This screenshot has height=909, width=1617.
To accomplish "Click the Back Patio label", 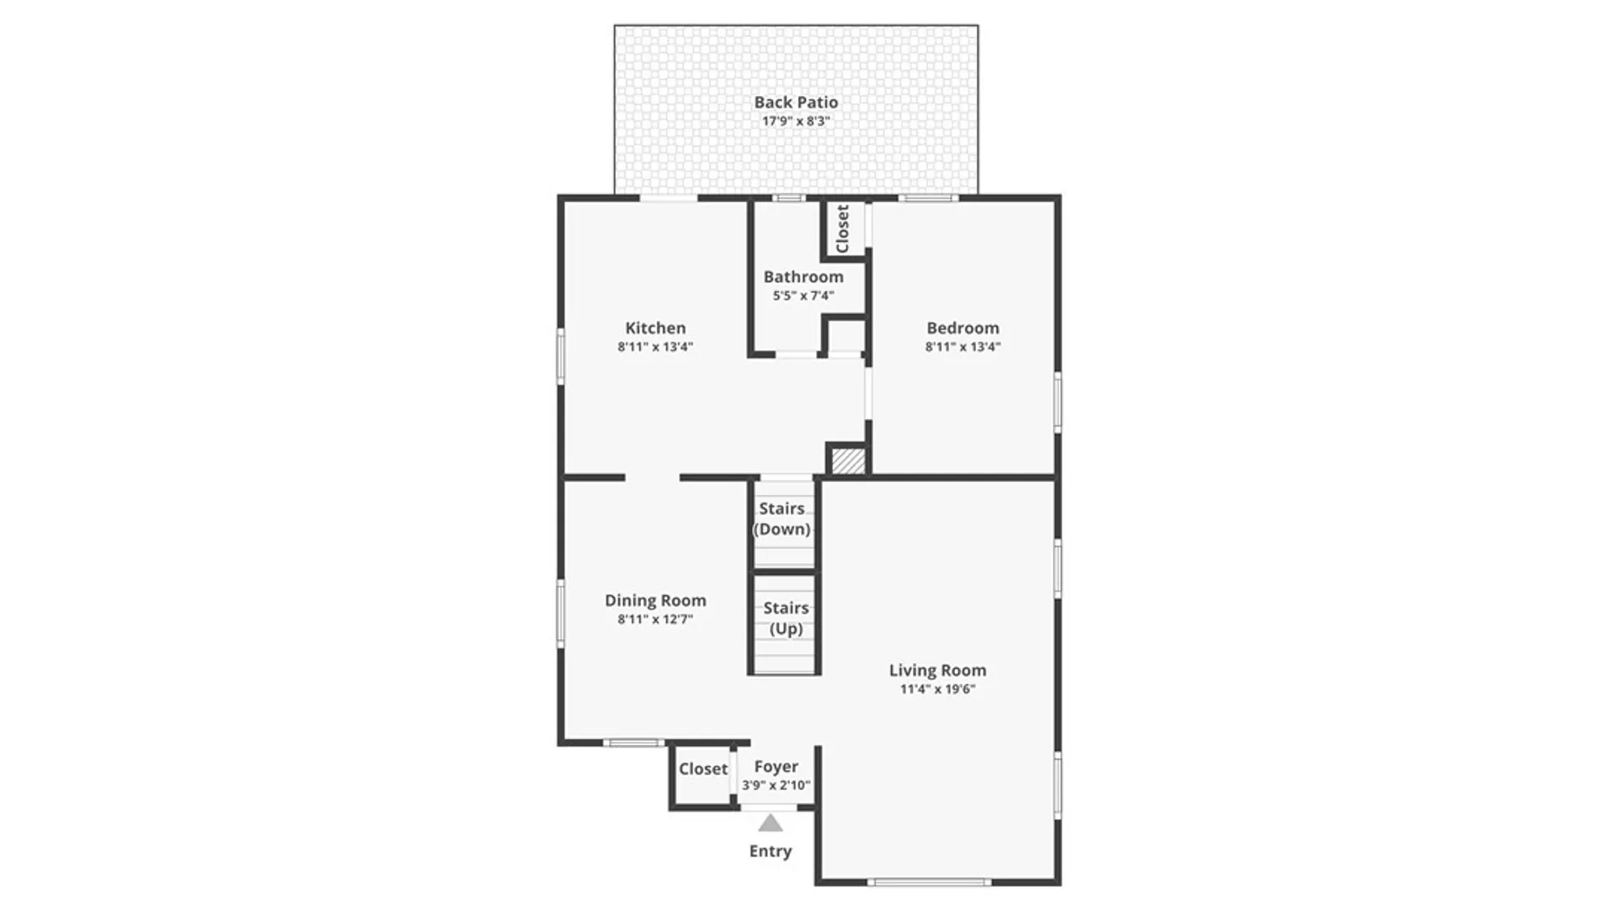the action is (x=796, y=102).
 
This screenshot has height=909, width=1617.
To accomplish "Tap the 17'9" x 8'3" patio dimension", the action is (x=796, y=121).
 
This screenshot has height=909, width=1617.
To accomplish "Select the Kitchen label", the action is (x=655, y=328).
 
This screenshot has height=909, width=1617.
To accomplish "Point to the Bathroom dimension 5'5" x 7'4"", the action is (x=803, y=295).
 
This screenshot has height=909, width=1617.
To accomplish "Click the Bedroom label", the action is (x=963, y=328).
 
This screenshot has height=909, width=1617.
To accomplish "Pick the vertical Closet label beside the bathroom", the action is (x=842, y=228).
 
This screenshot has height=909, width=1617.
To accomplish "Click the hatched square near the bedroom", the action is (x=848, y=461).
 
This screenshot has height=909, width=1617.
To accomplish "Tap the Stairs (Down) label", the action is (x=782, y=518).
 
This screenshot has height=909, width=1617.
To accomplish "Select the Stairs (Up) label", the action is (x=786, y=618).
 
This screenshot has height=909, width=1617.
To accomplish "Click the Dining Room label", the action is (x=655, y=600).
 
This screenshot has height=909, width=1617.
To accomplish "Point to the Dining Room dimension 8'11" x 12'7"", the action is (x=655, y=619).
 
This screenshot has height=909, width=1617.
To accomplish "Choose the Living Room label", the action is (x=937, y=671).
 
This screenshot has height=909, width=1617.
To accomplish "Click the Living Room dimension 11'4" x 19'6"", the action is (x=937, y=689).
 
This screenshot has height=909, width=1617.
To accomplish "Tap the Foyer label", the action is (x=776, y=767).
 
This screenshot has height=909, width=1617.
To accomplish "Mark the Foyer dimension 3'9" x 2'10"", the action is (x=776, y=786).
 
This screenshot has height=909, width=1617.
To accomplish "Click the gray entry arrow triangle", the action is (x=770, y=823).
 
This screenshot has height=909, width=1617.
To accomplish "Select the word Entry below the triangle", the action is (x=771, y=851).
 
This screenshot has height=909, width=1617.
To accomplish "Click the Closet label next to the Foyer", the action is (x=703, y=769).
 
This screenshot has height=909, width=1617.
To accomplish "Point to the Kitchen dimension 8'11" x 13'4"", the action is (x=655, y=347).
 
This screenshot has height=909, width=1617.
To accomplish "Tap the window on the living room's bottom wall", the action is (x=929, y=882).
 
